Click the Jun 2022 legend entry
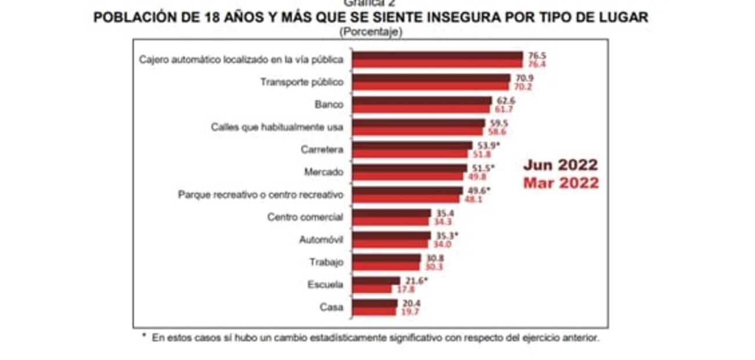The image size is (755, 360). click(x=560, y=165)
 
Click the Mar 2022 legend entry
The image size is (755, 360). click(x=560, y=183)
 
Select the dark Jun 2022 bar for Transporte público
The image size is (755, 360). click(x=431, y=78)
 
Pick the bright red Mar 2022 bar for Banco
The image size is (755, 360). click(x=421, y=109)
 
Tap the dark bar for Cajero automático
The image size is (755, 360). click(x=437, y=56)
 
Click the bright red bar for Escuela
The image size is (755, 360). click(x=372, y=289)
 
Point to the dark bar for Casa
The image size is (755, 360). click(x=375, y=303)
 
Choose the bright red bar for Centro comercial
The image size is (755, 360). click(x=390, y=221)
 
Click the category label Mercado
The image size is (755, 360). click(x=323, y=172)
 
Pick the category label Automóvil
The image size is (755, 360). click(x=321, y=240)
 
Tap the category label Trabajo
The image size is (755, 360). click(x=326, y=262)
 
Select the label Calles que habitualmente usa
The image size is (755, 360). click(x=277, y=127)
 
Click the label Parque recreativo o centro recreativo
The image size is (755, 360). click(x=260, y=195)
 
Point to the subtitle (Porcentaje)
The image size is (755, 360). click(x=371, y=32)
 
